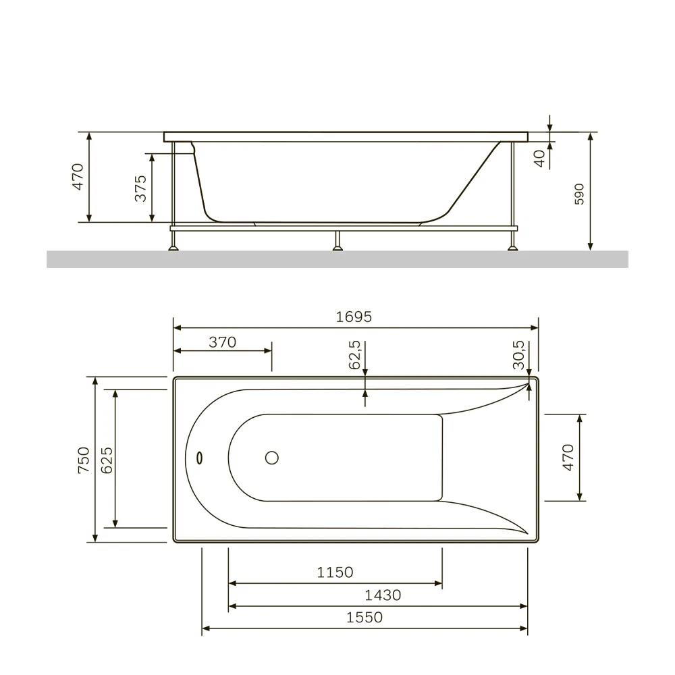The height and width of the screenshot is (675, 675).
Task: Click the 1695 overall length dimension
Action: [x=354, y=317]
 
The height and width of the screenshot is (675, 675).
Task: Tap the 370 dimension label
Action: [x=222, y=342]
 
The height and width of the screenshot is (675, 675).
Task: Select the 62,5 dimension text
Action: [x=354, y=355]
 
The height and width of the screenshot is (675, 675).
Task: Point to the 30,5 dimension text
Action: [x=518, y=355]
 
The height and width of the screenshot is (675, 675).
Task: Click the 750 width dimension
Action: [x=84, y=460]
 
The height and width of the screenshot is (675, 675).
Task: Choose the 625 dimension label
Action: [x=107, y=460]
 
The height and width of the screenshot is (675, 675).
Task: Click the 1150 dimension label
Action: [x=335, y=572]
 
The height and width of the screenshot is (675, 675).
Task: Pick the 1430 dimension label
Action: [x=383, y=595]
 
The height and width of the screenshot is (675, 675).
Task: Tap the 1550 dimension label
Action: [x=364, y=618]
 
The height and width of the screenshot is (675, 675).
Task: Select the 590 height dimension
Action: [x=579, y=194]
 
